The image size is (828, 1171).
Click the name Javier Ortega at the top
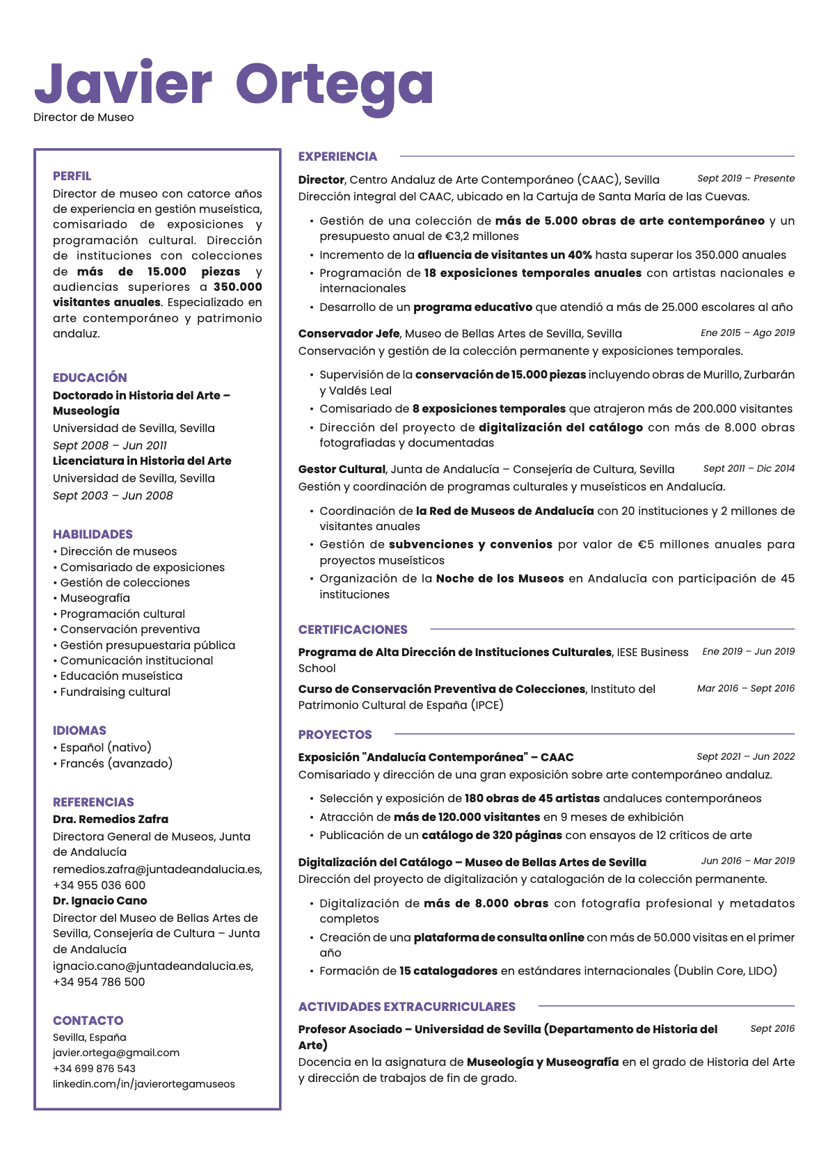pyautogui.click(x=234, y=85)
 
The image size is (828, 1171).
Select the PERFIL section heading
pyautogui.click(x=72, y=176)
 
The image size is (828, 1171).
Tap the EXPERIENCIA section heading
pyautogui.click(x=337, y=157)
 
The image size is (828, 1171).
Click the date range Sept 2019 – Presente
pyautogui.click(x=746, y=178)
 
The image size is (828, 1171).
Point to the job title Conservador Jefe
pyautogui.click(x=349, y=333)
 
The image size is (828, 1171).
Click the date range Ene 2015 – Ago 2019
pyautogui.click(x=747, y=333)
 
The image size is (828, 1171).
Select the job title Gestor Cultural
pyautogui.click(x=342, y=469)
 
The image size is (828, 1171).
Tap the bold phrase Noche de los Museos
pyautogui.click(x=500, y=578)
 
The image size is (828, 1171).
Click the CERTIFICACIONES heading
pyautogui.click(x=353, y=630)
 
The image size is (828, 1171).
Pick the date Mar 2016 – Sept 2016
pyautogui.click(x=745, y=688)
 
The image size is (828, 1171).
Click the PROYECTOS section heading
pyautogui.click(x=335, y=735)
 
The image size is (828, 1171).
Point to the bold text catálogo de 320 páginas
pyautogui.click(x=491, y=835)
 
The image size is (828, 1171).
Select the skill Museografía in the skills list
pyautogui.click(x=95, y=598)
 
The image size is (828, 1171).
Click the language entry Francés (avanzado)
pyautogui.click(x=116, y=763)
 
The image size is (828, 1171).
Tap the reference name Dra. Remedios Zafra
pyautogui.click(x=111, y=819)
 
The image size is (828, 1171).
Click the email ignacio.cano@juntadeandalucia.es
pyautogui.click(x=153, y=966)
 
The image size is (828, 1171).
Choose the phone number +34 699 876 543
pyautogui.click(x=94, y=1069)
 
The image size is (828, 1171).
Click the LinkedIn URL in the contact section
pyautogui.click(x=144, y=1084)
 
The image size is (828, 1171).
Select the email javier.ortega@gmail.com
pyautogui.click(x=116, y=1053)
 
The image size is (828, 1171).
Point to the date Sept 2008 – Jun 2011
pyautogui.click(x=110, y=445)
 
